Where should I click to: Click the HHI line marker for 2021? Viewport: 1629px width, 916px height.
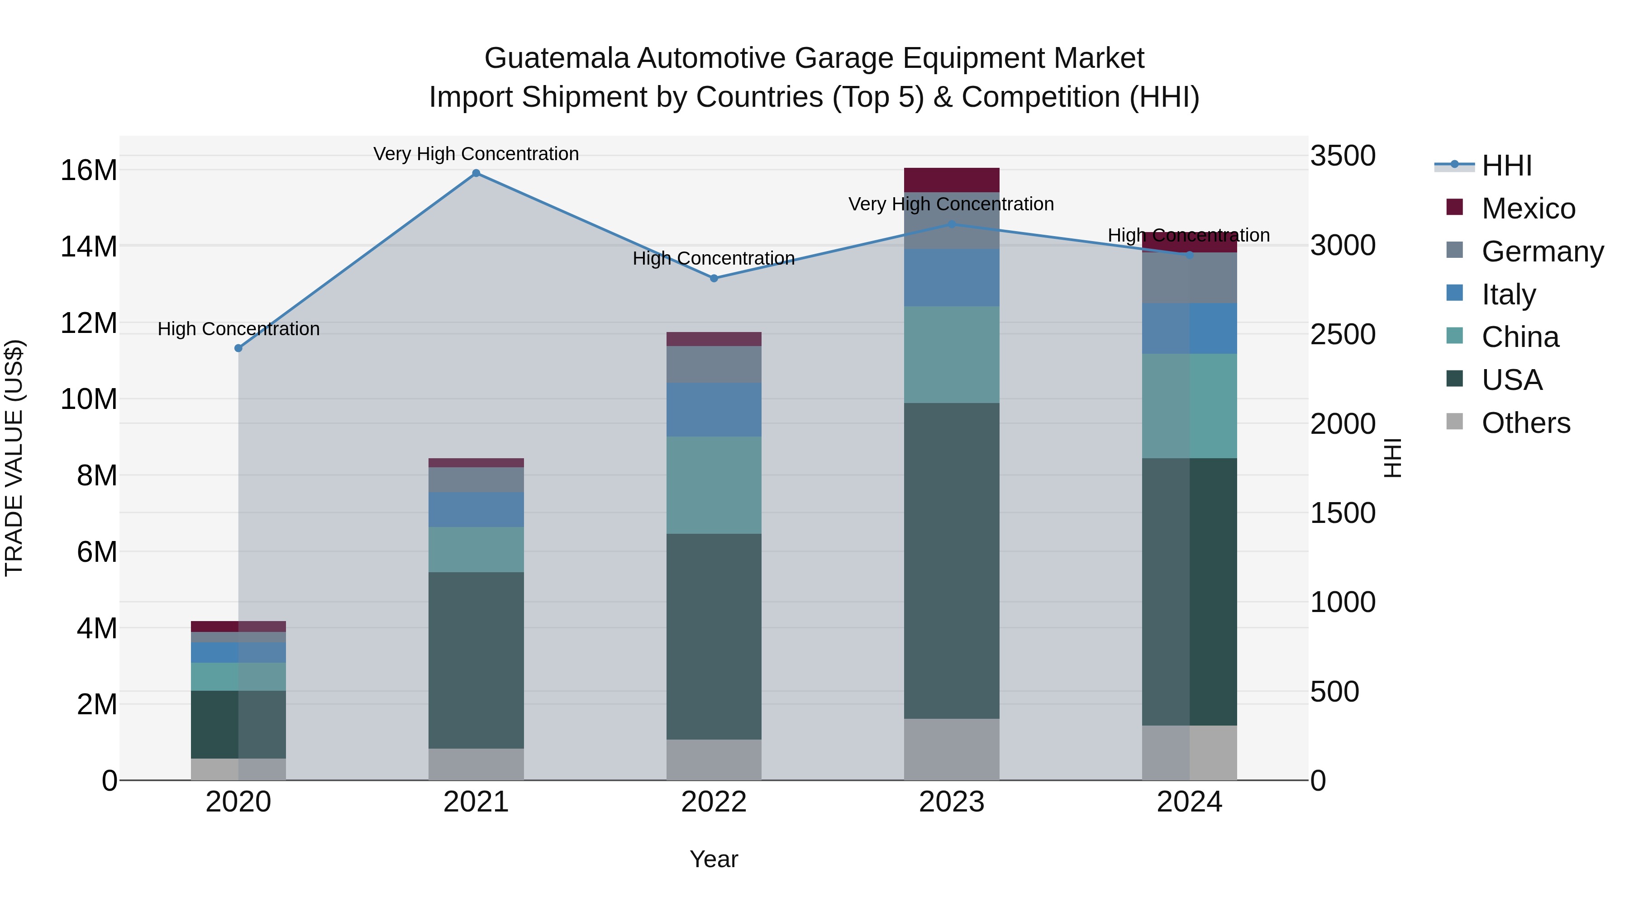coord(476,173)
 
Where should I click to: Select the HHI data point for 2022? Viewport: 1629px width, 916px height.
coord(714,278)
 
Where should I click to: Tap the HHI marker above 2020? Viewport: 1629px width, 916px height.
coord(238,348)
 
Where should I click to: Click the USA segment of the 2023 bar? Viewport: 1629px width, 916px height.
coord(951,561)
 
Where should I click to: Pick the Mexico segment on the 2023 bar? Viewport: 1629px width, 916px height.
coord(951,180)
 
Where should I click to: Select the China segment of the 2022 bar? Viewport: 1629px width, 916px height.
coord(714,485)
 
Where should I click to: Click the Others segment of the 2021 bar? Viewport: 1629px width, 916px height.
coord(476,764)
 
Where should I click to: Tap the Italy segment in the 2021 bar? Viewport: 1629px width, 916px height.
coord(476,509)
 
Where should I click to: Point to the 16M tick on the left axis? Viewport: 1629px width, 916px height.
coord(89,170)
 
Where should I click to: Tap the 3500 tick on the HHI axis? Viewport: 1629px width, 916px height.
coord(1342,156)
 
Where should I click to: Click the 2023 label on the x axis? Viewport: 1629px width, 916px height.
coord(951,802)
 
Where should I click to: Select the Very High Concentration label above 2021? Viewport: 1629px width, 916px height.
coord(476,154)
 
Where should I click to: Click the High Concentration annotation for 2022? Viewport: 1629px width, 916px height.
coord(714,259)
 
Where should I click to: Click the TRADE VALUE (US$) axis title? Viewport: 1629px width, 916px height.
coord(14,458)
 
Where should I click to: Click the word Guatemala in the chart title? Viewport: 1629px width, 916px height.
coord(557,58)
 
